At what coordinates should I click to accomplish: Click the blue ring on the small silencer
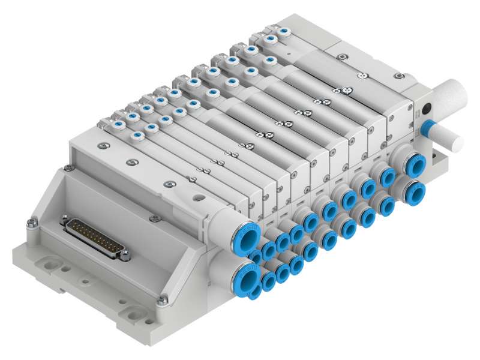pyautogui.click(x=428, y=128)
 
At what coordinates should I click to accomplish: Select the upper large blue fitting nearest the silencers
pyautogui.click(x=413, y=164)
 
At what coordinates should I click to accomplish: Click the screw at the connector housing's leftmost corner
pyautogui.click(x=31, y=224)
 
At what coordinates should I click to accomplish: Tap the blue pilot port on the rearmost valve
pyautogui.click(x=283, y=28)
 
